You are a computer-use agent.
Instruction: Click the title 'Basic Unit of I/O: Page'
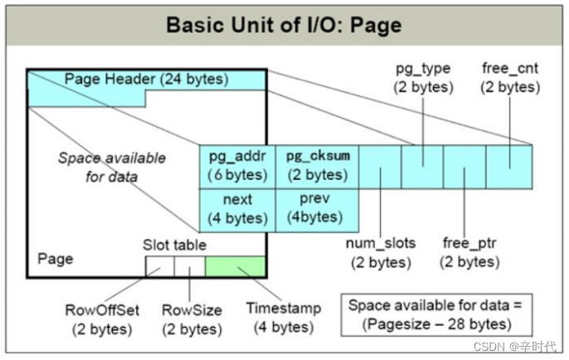point(284,24)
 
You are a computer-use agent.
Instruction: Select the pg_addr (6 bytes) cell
point(236,166)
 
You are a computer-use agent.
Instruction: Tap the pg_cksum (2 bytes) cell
point(316,166)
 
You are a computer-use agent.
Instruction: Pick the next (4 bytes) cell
point(236,210)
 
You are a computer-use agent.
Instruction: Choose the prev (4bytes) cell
point(316,210)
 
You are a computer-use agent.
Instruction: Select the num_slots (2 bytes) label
point(381,253)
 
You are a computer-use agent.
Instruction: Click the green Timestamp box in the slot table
point(235,266)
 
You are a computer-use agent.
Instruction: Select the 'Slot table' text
point(175,246)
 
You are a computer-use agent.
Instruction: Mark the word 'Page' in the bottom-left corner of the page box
point(55,259)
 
